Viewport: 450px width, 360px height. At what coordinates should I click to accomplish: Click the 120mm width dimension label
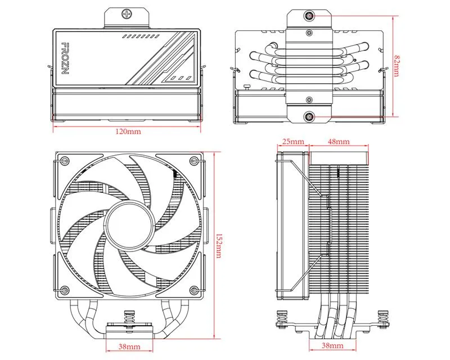(x=128, y=132)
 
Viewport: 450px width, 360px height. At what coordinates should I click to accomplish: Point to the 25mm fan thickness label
(x=293, y=141)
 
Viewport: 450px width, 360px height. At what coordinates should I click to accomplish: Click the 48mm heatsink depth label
(x=339, y=141)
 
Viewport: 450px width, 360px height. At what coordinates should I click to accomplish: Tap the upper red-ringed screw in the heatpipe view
(x=309, y=16)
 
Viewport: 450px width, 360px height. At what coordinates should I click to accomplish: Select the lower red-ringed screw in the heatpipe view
(x=309, y=117)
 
